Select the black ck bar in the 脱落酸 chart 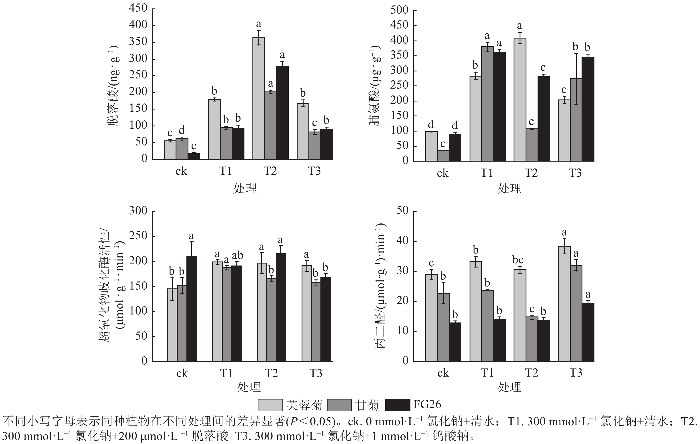point(194,156)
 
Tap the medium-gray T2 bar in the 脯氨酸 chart point(531,145)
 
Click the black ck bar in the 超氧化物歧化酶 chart point(192,309)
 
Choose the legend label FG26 point(427,404)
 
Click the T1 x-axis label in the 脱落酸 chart point(226,171)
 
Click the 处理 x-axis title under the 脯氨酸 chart point(509,189)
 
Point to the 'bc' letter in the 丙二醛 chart point(518,260)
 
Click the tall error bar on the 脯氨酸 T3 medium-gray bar point(576,79)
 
